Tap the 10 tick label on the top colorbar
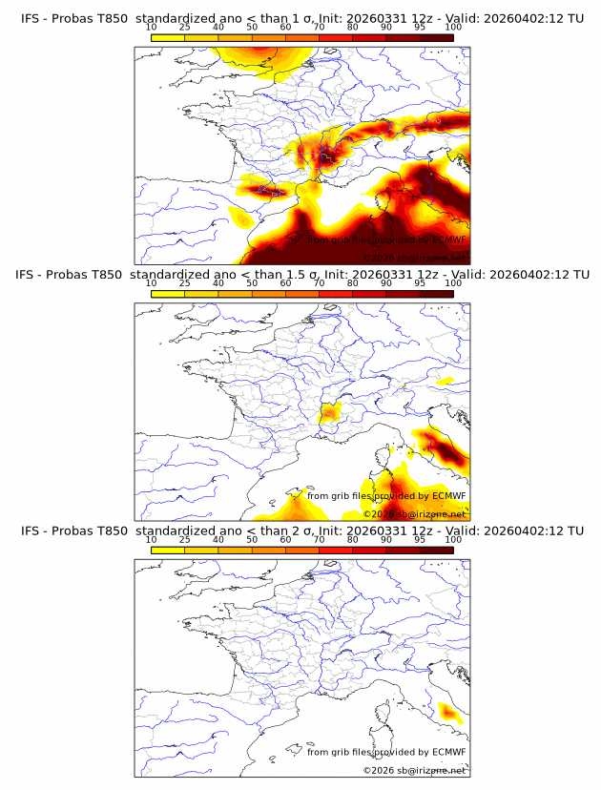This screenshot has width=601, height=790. [152, 27]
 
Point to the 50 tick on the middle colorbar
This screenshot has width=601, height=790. [252, 283]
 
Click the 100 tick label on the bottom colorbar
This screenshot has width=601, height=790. [453, 539]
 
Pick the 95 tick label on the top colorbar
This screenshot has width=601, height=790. [420, 27]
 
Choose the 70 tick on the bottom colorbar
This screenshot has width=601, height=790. [319, 539]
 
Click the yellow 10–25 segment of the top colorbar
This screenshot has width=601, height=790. [168, 37]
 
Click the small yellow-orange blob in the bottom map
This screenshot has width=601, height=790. [448, 712]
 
